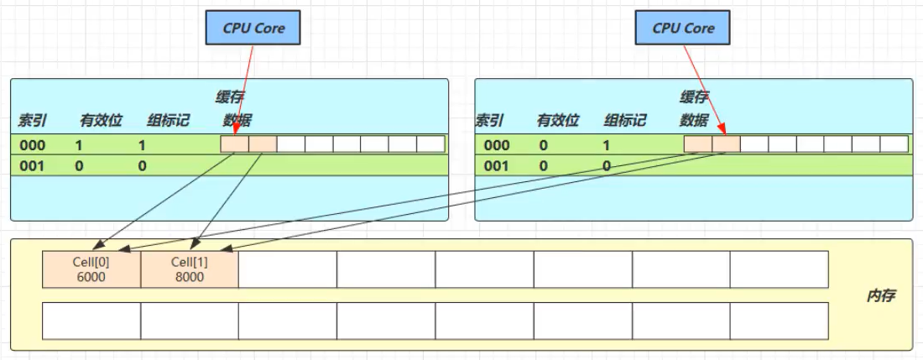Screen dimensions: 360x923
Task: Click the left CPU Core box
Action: tap(253, 28)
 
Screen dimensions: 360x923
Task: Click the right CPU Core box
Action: tap(683, 28)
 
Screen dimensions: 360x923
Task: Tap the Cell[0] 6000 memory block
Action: tap(91, 269)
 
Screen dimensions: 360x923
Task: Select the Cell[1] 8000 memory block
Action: tap(189, 269)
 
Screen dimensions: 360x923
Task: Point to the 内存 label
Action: tap(882, 296)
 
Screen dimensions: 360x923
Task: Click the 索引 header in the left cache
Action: tap(31, 120)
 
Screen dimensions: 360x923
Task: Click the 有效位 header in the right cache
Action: tap(558, 120)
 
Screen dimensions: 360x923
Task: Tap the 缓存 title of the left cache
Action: tap(230, 97)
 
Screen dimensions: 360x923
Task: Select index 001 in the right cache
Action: tap(496, 166)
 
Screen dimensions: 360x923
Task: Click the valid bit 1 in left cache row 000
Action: tap(79, 144)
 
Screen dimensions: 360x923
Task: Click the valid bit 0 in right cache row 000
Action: tap(543, 144)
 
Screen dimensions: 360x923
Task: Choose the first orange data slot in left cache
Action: tap(235, 144)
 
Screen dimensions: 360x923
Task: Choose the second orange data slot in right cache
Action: tap(726, 144)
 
